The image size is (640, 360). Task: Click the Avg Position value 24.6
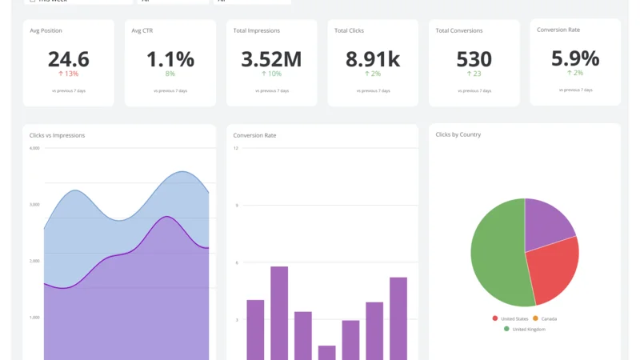[x=68, y=59]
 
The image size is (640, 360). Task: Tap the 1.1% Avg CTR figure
[x=170, y=59]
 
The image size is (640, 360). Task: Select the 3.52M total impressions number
[x=271, y=59]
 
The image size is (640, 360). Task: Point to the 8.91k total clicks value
[x=373, y=59]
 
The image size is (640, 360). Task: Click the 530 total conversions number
[x=474, y=59]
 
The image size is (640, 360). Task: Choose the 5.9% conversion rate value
[x=574, y=58]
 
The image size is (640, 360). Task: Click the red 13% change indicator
[x=68, y=74]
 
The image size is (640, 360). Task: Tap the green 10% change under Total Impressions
[x=271, y=74]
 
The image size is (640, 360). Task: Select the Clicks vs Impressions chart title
[x=57, y=135]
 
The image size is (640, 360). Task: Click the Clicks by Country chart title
[x=458, y=134]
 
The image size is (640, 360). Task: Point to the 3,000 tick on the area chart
[x=34, y=205]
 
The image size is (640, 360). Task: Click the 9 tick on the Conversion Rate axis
[x=237, y=206]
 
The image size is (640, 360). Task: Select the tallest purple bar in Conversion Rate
[x=279, y=312]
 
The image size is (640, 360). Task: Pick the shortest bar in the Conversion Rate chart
[x=326, y=352]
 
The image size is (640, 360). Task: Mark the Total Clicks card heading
[x=350, y=30]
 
